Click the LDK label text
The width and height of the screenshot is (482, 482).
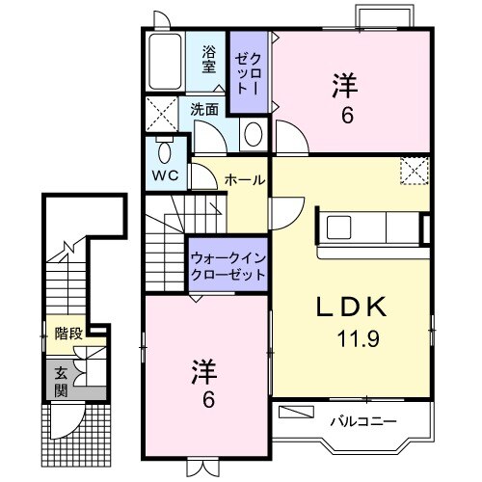point(352,308)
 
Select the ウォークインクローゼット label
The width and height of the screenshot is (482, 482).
point(228,266)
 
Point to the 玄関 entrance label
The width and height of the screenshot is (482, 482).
point(59,380)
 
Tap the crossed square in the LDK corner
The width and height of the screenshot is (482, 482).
point(415,172)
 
